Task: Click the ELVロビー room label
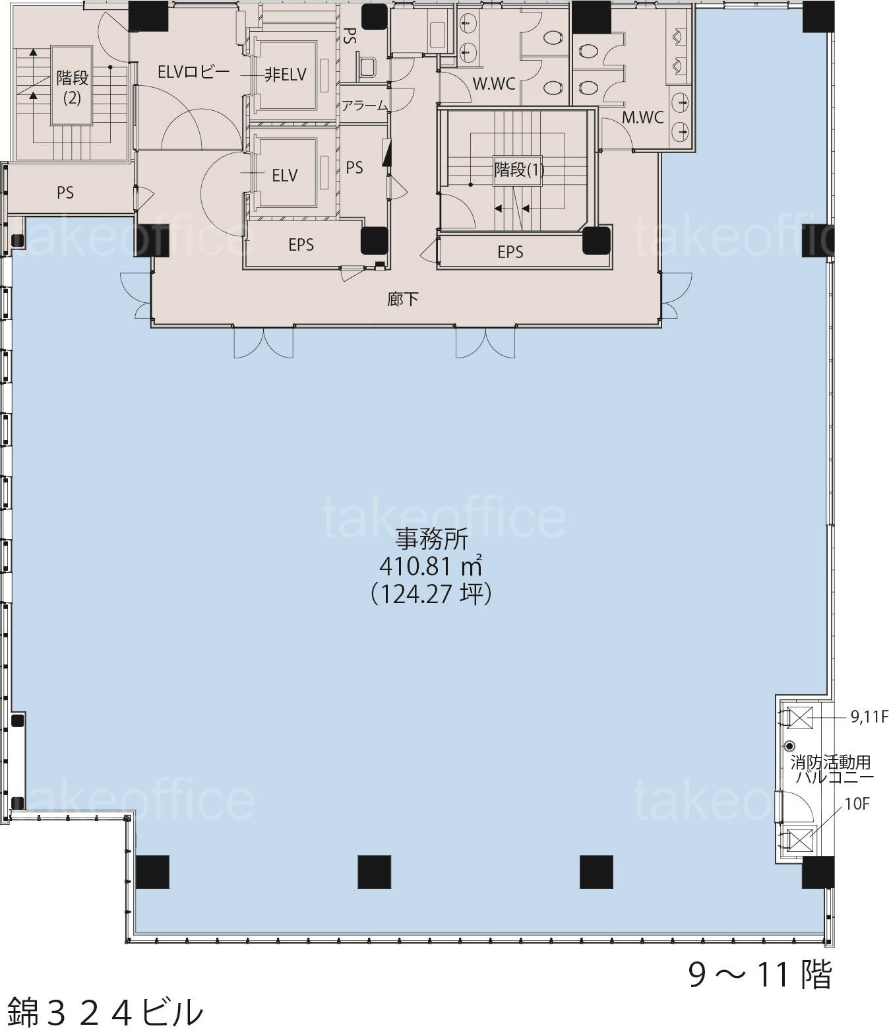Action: pyautogui.click(x=193, y=73)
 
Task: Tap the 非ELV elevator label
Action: pyautogui.click(x=285, y=75)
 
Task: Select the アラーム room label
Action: pyautogui.click(x=365, y=106)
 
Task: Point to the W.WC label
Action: pyautogui.click(x=494, y=84)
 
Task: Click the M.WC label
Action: pyautogui.click(x=642, y=117)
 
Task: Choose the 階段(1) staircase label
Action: pyautogui.click(x=519, y=170)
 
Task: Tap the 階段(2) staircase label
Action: pyautogui.click(x=72, y=87)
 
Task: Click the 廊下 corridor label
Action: pyautogui.click(x=403, y=299)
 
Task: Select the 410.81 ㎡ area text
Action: pyautogui.click(x=431, y=566)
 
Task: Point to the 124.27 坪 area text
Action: pyautogui.click(x=431, y=594)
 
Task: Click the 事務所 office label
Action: pyautogui.click(x=432, y=539)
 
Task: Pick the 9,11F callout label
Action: pyautogui.click(x=869, y=718)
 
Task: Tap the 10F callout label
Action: pyautogui.click(x=857, y=804)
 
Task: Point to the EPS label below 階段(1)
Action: pyautogui.click(x=510, y=251)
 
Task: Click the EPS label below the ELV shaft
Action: pyautogui.click(x=301, y=245)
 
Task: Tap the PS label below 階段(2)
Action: pyautogui.click(x=65, y=193)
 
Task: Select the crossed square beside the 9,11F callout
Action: pyautogui.click(x=800, y=718)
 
